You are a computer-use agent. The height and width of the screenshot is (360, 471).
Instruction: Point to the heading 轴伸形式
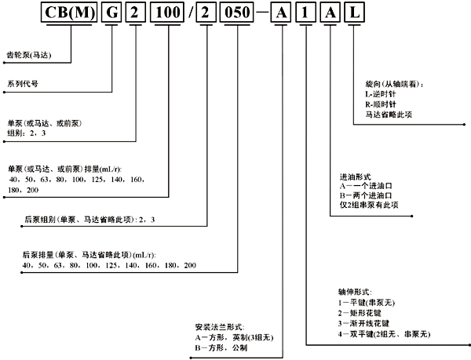click(x=352, y=292)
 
